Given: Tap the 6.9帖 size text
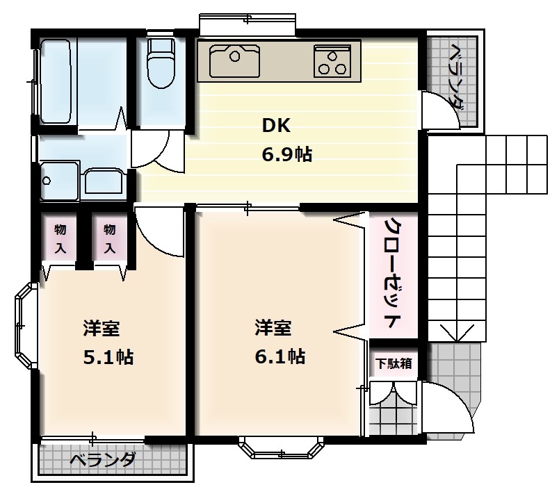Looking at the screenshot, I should click(286, 154).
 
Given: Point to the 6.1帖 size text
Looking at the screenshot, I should click(279, 356).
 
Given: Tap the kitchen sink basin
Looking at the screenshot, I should click(234, 60).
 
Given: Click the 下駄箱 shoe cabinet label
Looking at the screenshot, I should click(393, 363).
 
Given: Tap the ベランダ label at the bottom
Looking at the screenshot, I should click(103, 460).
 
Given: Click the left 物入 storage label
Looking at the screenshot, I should click(60, 238).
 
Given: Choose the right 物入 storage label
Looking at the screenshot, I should click(110, 238).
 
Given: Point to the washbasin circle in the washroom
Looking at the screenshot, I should click(47, 181).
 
